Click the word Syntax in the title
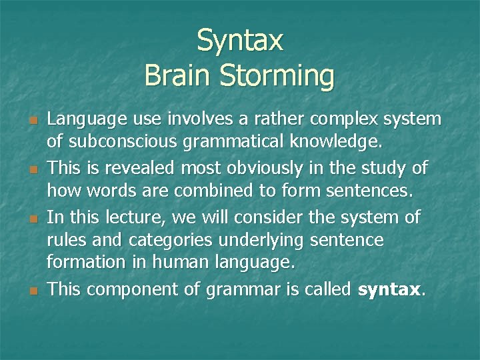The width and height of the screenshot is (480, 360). (240, 41)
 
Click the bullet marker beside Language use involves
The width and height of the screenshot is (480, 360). (32, 120)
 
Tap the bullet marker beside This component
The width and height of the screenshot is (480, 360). (32, 290)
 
